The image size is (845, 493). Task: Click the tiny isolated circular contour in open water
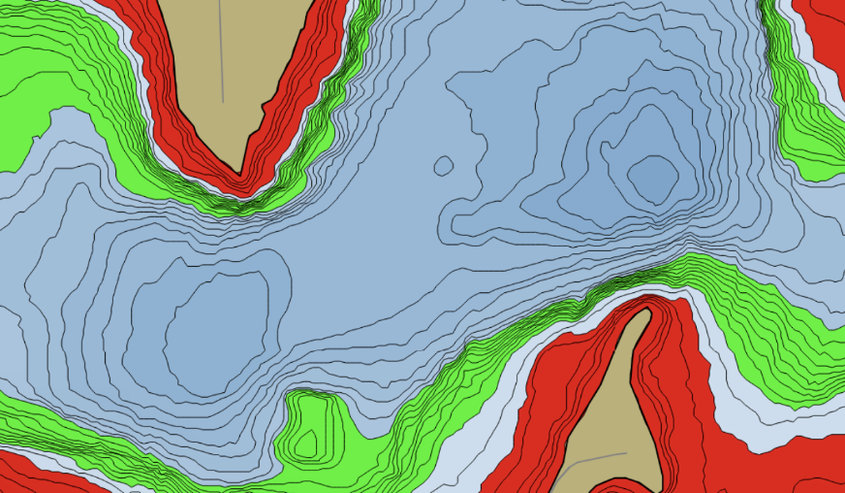coord(443,166)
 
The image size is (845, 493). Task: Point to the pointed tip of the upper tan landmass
coord(239,172)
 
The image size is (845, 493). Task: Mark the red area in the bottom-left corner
coord(39,473)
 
